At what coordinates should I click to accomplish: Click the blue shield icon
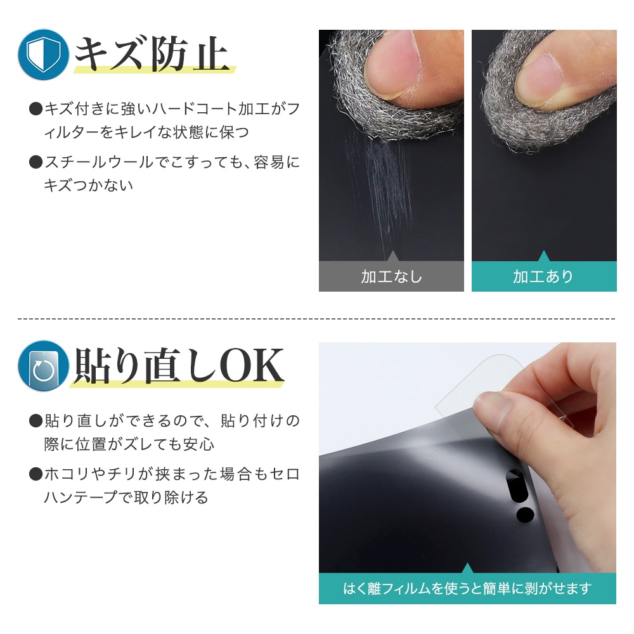pyautogui.click(x=43, y=55)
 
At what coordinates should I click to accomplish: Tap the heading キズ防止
pyautogui.click(x=152, y=54)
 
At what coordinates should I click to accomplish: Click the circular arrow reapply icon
pyautogui.click(x=43, y=366)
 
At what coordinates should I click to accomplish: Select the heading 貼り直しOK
pyautogui.click(x=178, y=366)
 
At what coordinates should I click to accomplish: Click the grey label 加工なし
pyautogui.click(x=391, y=276)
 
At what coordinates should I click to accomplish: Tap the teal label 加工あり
pyautogui.click(x=544, y=276)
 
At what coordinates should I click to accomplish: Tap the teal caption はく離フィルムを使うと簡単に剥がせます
pyautogui.click(x=467, y=589)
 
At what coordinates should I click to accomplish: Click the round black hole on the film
pyautogui.click(x=525, y=514)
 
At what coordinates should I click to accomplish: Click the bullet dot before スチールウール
pyautogui.click(x=36, y=162)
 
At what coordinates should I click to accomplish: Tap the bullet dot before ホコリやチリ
pyautogui.click(x=36, y=474)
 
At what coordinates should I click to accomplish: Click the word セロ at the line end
pyautogui.click(x=285, y=474)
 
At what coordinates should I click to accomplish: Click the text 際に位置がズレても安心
pyautogui.click(x=129, y=444)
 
